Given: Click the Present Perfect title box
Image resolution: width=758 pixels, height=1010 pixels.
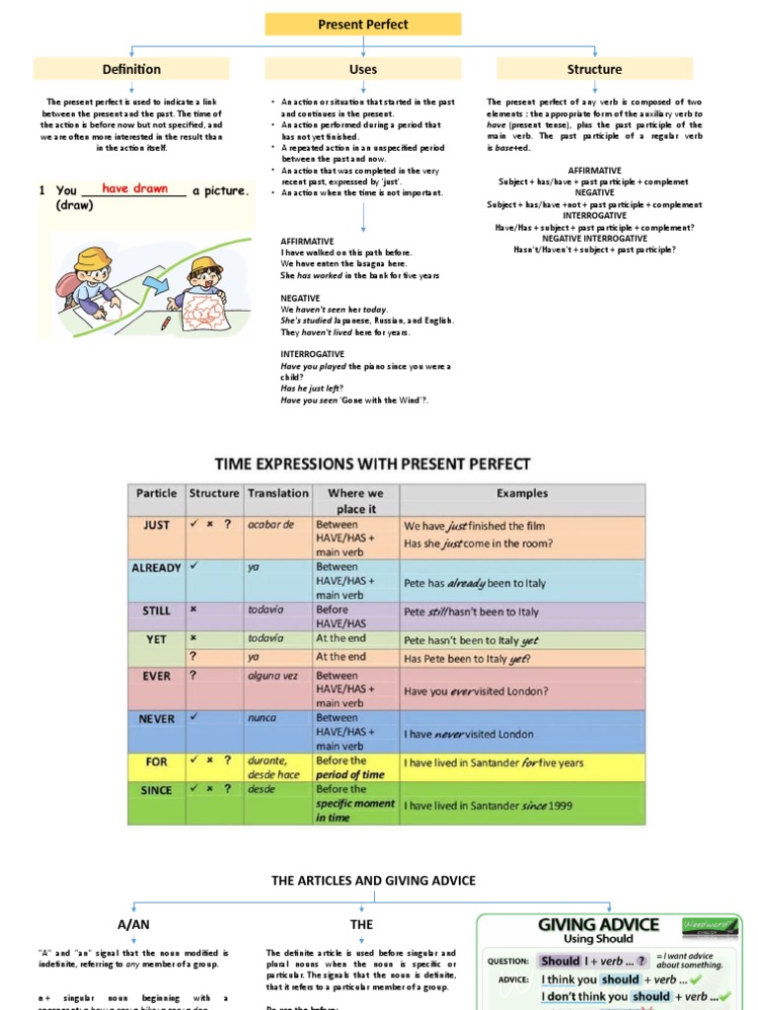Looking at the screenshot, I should (362, 25).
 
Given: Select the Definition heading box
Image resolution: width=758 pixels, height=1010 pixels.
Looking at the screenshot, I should (131, 69).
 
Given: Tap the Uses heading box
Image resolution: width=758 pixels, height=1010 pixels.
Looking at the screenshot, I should (362, 69).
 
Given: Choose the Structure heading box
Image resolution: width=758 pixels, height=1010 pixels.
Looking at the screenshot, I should (594, 69).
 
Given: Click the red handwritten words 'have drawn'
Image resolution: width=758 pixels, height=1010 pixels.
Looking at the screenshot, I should (134, 188).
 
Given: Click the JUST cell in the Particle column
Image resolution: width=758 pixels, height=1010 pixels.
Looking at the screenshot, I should (156, 526).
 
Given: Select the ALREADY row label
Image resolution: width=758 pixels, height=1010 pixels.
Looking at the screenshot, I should (156, 568).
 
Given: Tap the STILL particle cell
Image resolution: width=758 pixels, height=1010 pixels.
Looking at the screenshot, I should (156, 611).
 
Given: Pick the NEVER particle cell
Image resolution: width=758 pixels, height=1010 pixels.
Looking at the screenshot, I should (156, 719).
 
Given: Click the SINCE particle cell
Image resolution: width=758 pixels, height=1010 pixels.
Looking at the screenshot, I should (156, 790).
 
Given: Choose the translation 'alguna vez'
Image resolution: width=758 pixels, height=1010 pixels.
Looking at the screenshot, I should (273, 677).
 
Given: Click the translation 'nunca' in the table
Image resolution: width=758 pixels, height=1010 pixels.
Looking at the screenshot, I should (263, 719).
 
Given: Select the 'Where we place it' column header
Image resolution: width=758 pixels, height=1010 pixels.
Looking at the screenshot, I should (355, 500).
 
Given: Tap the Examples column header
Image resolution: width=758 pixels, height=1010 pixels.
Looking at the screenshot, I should (522, 493).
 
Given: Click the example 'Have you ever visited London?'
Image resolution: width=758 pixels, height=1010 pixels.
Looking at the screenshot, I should (476, 691).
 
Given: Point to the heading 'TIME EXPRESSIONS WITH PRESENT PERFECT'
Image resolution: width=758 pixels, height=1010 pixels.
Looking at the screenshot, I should (372, 464).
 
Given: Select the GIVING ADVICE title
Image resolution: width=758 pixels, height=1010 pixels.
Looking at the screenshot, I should (597, 924).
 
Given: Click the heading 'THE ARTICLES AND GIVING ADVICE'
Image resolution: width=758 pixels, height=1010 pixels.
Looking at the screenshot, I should (373, 880).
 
